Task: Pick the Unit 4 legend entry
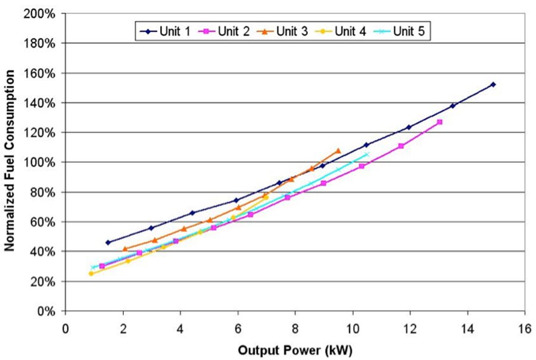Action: [346, 31]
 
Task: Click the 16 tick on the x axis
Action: [525, 327]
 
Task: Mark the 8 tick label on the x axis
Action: [295, 327]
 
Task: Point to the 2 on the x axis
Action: [123, 327]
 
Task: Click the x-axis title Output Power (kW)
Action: [295, 350]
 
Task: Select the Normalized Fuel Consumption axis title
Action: [10, 159]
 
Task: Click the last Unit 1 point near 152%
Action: [493, 84]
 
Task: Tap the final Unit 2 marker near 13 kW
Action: [440, 122]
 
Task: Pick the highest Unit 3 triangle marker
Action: [338, 151]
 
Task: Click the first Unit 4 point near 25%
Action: [91, 274]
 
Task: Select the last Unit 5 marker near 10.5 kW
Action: [367, 154]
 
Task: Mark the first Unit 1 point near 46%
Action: [108, 242]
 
